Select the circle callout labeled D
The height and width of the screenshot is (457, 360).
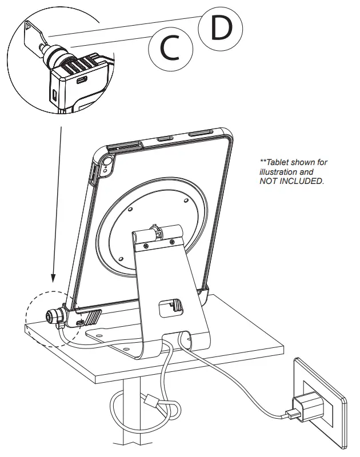221,29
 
